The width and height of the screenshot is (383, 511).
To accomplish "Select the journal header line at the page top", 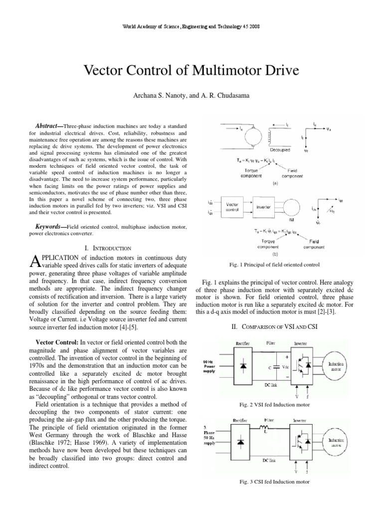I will click(x=191, y=25).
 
